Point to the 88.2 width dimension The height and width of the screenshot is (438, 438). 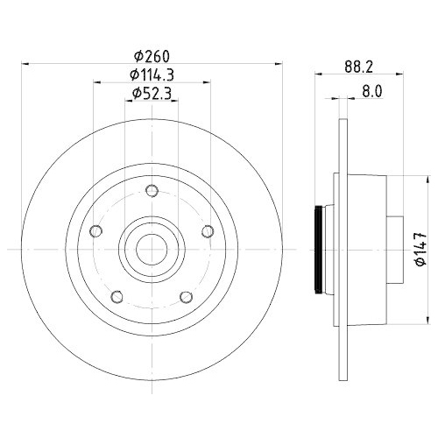point(353,66)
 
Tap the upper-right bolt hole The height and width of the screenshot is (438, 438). point(208,231)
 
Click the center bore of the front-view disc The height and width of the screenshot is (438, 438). point(151,250)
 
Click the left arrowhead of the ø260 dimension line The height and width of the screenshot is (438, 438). point(24,62)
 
